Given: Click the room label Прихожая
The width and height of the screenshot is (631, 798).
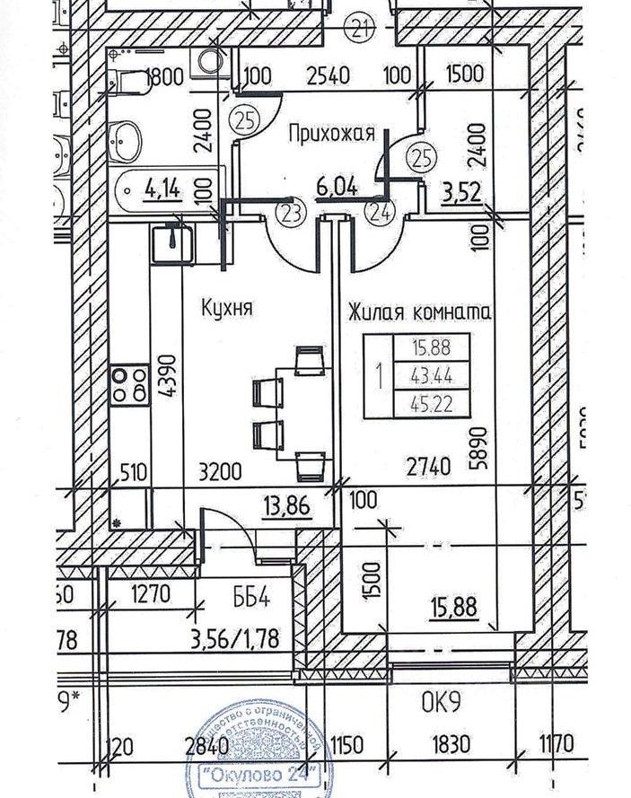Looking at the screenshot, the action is point(330,135).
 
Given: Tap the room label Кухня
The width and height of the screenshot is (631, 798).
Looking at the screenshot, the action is point(225,308).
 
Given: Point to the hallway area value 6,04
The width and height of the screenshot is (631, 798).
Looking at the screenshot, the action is point(337,189).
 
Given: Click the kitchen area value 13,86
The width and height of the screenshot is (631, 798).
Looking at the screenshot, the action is point(286,507).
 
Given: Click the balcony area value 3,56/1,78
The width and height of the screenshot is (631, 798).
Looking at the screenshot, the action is point(235,639).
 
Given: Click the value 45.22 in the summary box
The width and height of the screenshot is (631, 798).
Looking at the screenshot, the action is point(430,405).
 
